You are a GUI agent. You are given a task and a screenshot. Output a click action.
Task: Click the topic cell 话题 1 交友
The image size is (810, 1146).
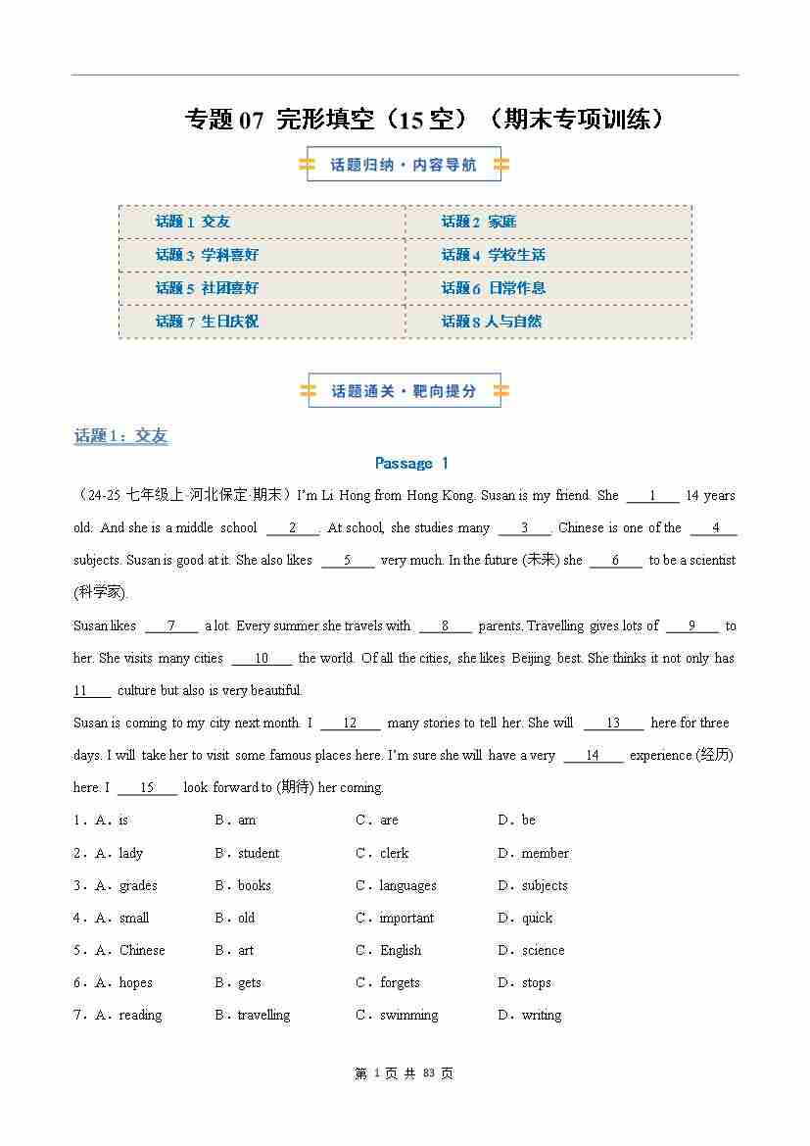(x=193, y=222)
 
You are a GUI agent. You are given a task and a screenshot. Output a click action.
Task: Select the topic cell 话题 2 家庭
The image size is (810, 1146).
(x=478, y=222)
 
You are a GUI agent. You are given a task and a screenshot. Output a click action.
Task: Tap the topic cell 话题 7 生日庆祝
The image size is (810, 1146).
(x=207, y=322)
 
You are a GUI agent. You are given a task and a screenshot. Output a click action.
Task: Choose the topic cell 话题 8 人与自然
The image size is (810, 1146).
(x=491, y=322)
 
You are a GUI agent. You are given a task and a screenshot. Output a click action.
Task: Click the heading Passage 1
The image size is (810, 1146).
(x=411, y=463)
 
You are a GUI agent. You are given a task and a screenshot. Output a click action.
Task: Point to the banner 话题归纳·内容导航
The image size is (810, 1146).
(x=404, y=165)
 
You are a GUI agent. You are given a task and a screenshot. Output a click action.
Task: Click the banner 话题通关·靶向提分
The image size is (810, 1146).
(x=404, y=391)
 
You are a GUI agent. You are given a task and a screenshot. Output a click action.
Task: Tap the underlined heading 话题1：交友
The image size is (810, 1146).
(x=120, y=436)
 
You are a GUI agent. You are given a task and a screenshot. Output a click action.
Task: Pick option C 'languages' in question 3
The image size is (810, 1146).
(x=407, y=885)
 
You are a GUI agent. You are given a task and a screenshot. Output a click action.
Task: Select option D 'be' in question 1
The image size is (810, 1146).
(x=528, y=820)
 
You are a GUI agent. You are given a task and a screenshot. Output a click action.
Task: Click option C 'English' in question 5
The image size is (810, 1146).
(x=401, y=950)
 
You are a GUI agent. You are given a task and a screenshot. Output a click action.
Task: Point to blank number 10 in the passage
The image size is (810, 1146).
(x=262, y=659)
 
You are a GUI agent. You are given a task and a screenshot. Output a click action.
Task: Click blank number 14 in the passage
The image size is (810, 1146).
(x=593, y=756)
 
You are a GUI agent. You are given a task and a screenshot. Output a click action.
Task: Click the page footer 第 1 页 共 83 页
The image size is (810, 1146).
(x=404, y=1073)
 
